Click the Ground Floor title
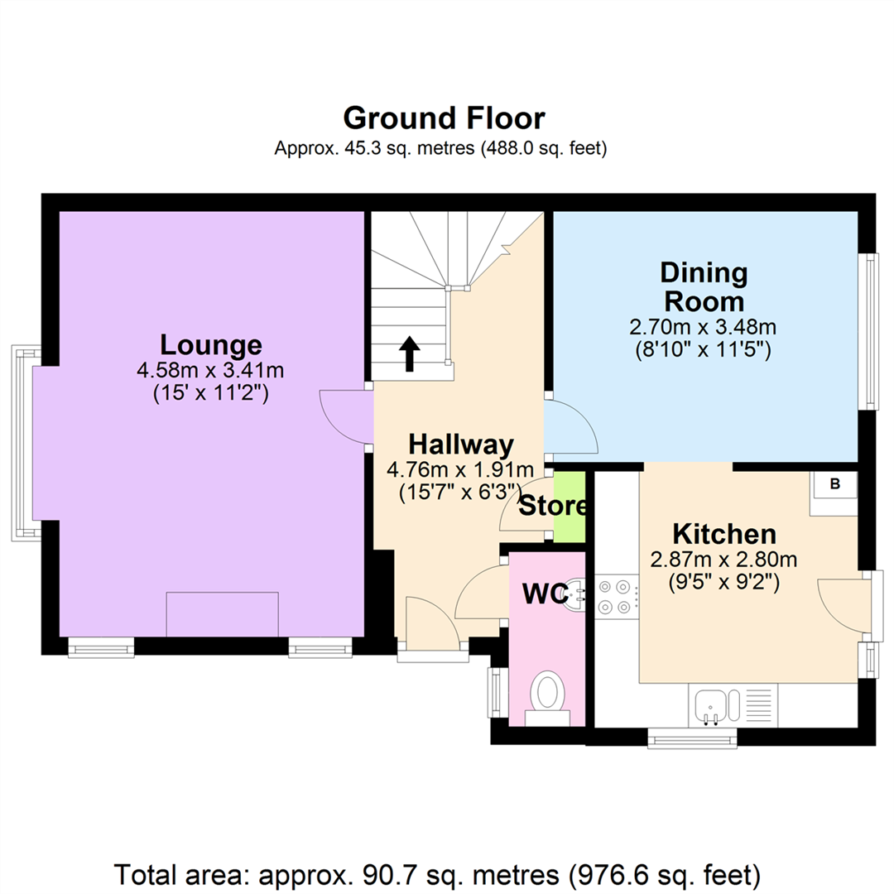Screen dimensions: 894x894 pyautogui.click(x=445, y=118)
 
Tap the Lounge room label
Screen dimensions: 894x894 pyautogui.click(x=211, y=345)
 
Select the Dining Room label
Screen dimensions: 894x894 pyautogui.click(x=704, y=286)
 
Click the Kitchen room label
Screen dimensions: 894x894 pyautogui.click(x=724, y=534)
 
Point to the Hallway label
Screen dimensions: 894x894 pyautogui.click(x=461, y=445)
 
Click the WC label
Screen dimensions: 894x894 pyautogui.click(x=545, y=594)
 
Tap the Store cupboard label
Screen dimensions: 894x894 pyautogui.click(x=552, y=506)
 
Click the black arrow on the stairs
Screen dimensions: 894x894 pyautogui.click(x=410, y=354)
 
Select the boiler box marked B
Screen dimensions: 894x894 pyautogui.click(x=835, y=484)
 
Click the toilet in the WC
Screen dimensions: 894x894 pyautogui.click(x=547, y=698)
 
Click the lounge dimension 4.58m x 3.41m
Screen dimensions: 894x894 pyautogui.click(x=210, y=371)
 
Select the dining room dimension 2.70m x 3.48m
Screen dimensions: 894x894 pyautogui.click(x=703, y=327)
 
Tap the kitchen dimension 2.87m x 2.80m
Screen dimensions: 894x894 pyautogui.click(x=723, y=560)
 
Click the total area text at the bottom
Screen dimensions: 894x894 pyautogui.click(x=437, y=875)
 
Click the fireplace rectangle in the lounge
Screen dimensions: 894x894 pyautogui.click(x=223, y=614)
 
